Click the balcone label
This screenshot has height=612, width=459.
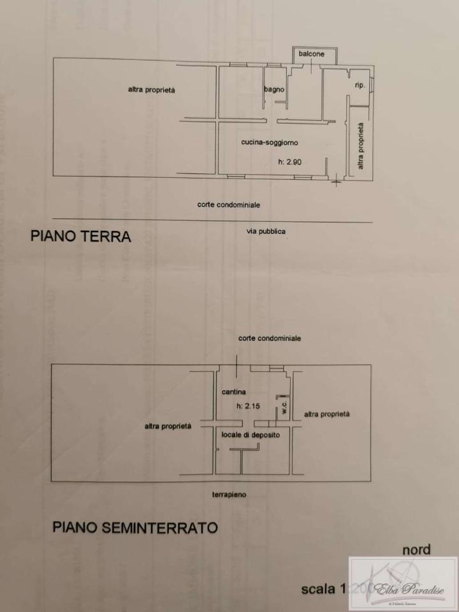pyautogui.click(x=312, y=54)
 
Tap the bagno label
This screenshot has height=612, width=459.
pyautogui.click(x=274, y=90)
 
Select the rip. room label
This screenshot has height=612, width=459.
pyautogui.click(x=360, y=85)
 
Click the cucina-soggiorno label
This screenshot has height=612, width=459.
pyautogui.click(x=270, y=143)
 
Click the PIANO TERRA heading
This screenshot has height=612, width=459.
pyautogui.click(x=81, y=237)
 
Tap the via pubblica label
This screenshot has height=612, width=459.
pyautogui.click(x=266, y=231)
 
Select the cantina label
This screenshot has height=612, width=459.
pyautogui.click(x=234, y=391)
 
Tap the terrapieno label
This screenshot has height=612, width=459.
pyautogui.click(x=229, y=494)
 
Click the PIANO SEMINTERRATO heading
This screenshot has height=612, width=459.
pyautogui.click(x=135, y=528)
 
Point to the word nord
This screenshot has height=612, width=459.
pyautogui.click(x=416, y=550)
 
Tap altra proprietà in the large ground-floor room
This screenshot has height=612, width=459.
pyautogui.click(x=152, y=90)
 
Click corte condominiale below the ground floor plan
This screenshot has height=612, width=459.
pyautogui.click(x=228, y=205)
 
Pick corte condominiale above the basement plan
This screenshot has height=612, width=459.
pyautogui.click(x=270, y=338)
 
